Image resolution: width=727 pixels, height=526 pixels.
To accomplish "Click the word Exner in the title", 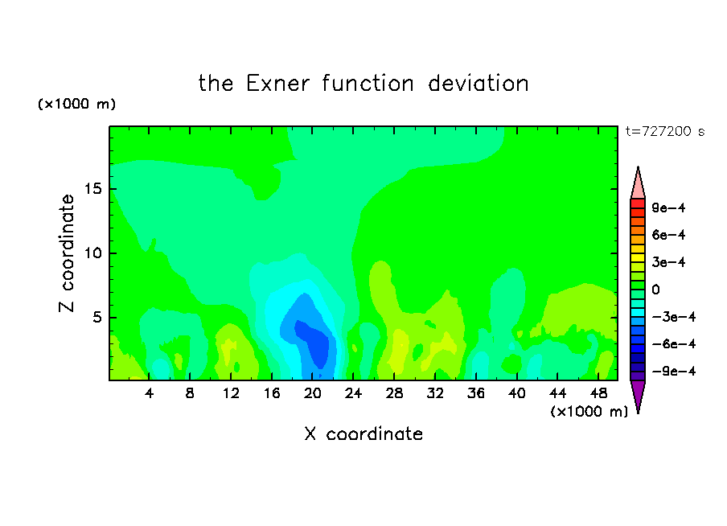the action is point(277,84).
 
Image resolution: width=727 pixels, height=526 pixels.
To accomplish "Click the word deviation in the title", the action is point(478,84).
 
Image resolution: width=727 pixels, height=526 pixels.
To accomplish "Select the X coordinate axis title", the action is point(363,434).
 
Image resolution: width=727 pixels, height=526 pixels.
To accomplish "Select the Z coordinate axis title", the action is point(67,253).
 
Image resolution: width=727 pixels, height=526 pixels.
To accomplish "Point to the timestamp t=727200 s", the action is point(665,132).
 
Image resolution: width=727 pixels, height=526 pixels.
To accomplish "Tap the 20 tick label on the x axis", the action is point(312,393).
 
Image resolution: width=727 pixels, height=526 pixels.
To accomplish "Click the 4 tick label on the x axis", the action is point(149,393).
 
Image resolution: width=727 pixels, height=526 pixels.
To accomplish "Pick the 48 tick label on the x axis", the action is point(598,393).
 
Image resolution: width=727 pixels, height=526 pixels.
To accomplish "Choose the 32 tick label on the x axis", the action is point(435,393).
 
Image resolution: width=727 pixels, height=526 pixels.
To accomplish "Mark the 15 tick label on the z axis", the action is point(93,189).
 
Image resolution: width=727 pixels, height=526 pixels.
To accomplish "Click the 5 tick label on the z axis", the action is point(97,317).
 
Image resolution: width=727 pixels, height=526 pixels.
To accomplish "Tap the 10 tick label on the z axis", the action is point(93,253).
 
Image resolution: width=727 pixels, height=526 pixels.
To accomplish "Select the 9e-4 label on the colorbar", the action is point(668,208).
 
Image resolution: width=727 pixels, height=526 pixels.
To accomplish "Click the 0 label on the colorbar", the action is point(655,290).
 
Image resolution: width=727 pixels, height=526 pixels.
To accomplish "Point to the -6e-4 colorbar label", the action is point(674,344).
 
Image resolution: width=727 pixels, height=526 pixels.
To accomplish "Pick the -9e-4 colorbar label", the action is point(674,372).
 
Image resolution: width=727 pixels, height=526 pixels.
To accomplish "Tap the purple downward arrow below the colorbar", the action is point(638,394).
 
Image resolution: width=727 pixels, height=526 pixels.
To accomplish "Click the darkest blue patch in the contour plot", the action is point(314,343).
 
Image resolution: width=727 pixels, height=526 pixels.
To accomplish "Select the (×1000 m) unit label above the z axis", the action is point(76,104).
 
